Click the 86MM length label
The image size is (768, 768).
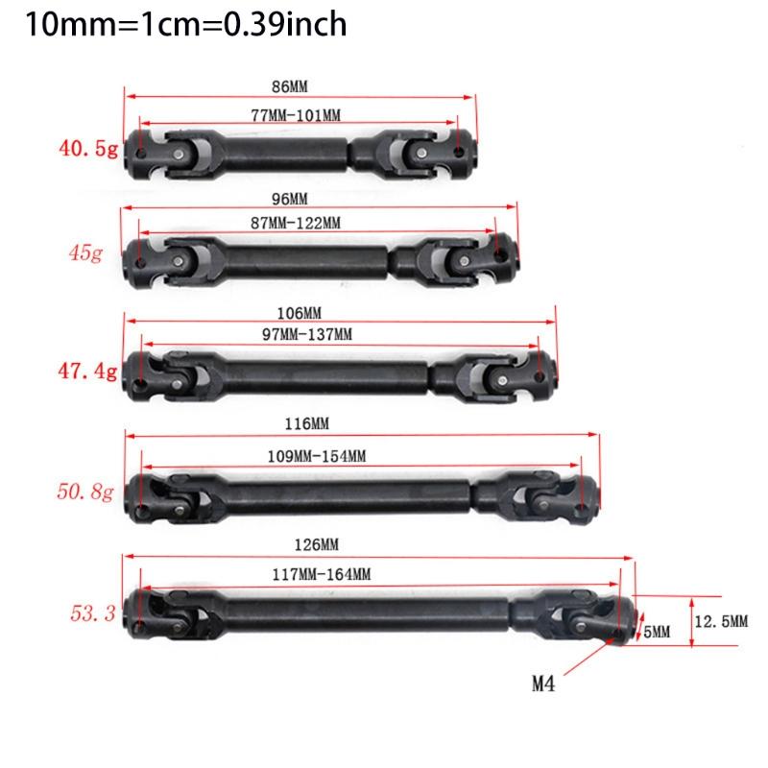coord(288,84)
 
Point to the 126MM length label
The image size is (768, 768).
coord(318,545)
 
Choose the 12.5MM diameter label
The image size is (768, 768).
coord(723,623)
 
